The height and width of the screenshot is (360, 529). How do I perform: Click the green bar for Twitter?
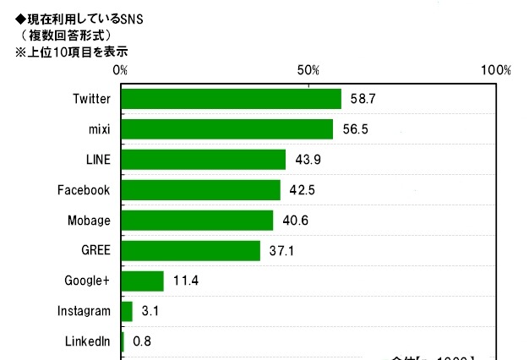[232, 99]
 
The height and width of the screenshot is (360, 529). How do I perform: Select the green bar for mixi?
[227, 129]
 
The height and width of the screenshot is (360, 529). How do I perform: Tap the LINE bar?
[204, 160]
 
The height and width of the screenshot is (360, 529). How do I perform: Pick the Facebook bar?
[201, 190]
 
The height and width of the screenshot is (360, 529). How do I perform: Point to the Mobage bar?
[198, 221]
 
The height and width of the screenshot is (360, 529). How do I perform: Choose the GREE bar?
[191, 251]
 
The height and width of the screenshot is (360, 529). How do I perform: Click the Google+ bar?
[143, 281]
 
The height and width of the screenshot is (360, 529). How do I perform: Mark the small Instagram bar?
[128, 311]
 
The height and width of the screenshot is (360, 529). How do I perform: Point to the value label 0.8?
[142, 342]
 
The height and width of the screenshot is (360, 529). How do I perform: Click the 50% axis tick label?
[308, 69]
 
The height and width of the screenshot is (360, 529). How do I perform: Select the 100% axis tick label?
[496, 69]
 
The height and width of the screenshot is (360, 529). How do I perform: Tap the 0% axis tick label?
[122, 69]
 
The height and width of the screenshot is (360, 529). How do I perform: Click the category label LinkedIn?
[88, 341]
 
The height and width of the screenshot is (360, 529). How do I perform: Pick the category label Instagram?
[84, 311]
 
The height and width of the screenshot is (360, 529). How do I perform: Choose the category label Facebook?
[84, 190]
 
